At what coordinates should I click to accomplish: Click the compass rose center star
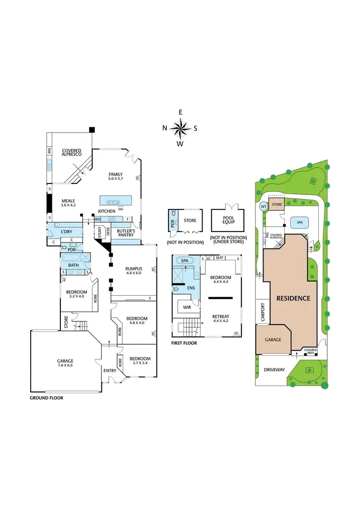pos(180,128)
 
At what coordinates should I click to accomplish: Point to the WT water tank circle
pos(263,206)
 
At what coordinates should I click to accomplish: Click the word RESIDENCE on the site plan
pos(293,298)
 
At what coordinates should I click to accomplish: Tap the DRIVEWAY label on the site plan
pos(275,370)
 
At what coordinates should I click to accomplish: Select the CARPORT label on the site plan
pos(263,312)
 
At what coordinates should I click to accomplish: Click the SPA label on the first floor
pos(184,260)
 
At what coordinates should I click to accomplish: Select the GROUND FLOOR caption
pos(47,398)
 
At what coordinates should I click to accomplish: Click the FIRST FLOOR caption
pos(184,343)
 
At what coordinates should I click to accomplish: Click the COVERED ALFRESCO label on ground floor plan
pos(72,153)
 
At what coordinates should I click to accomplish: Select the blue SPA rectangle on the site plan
pos(300,223)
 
